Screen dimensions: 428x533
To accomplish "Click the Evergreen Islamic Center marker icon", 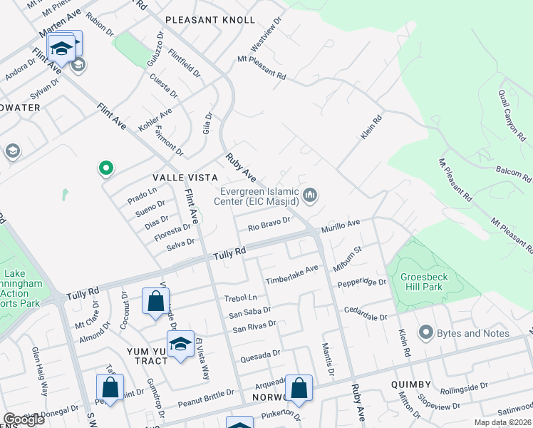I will tap(310, 195).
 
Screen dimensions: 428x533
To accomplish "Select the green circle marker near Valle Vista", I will tap(105, 168).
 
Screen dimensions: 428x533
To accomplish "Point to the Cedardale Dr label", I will tap(365, 313).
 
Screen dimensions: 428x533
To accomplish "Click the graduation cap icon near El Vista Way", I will tap(181, 344).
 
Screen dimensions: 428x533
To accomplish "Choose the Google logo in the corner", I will tap(23, 419).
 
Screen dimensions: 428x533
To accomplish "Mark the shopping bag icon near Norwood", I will tap(299, 388).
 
